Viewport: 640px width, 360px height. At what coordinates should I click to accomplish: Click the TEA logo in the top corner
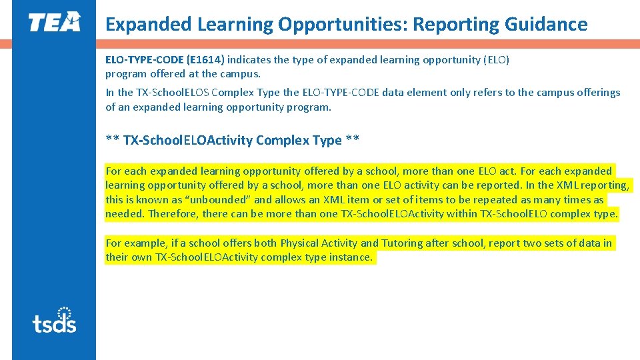(54, 22)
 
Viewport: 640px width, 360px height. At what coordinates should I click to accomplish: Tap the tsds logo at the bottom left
(54, 321)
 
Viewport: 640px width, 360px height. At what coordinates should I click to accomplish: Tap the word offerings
(595, 93)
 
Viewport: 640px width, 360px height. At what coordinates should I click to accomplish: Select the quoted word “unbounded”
(219, 199)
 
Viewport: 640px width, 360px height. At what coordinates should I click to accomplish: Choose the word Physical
(299, 243)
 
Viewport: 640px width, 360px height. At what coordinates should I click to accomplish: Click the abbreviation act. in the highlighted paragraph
(506, 171)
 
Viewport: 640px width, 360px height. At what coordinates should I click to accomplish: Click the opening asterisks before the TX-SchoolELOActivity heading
(112, 141)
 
